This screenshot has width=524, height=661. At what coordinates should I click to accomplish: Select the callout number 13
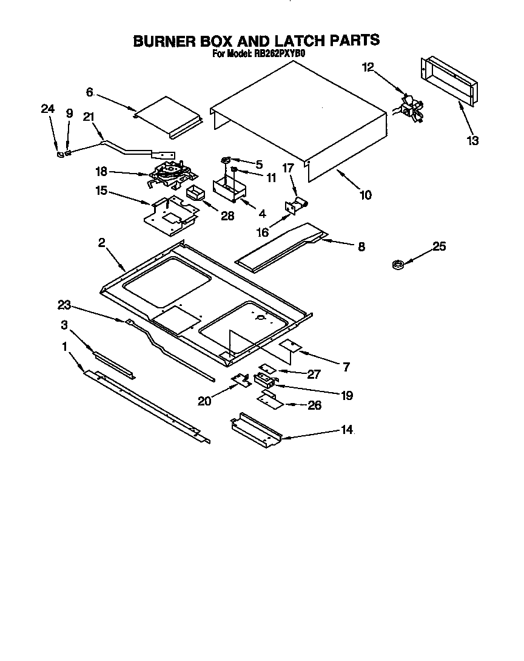pyautogui.click(x=472, y=141)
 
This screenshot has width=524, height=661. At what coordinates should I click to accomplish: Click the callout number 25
pyautogui.click(x=439, y=246)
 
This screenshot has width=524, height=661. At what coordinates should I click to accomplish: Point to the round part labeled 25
pyautogui.click(x=397, y=264)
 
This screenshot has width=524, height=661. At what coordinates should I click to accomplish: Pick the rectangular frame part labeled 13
pyautogui.click(x=449, y=81)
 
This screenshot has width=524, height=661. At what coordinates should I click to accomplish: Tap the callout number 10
pyautogui.click(x=365, y=195)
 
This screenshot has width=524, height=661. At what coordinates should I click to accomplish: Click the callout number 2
pyautogui.click(x=102, y=243)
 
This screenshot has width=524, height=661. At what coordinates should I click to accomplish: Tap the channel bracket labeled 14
pyautogui.click(x=255, y=429)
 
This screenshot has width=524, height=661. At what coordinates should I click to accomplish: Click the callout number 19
pyautogui.click(x=347, y=395)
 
